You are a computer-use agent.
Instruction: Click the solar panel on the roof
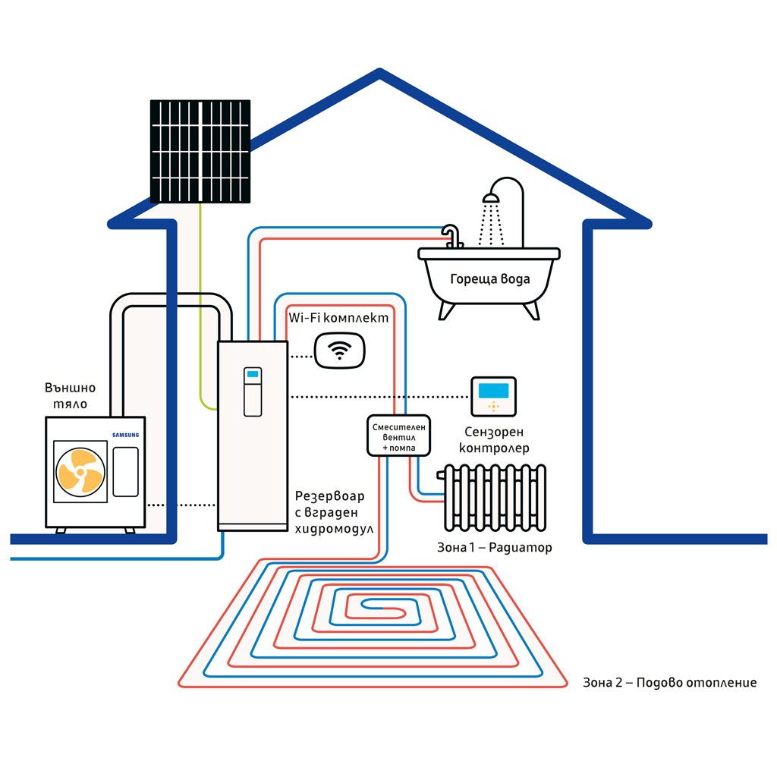click(x=200, y=151)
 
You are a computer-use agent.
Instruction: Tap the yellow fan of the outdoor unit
click(x=80, y=470)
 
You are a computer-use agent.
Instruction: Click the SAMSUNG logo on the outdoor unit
click(x=126, y=435)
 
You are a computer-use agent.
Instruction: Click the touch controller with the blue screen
click(x=493, y=396)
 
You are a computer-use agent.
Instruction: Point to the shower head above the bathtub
click(x=492, y=198)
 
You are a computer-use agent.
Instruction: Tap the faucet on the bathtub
click(x=453, y=235)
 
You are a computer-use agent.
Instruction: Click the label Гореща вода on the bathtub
click(x=490, y=278)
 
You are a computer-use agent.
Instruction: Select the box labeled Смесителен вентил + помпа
click(x=398, y=436)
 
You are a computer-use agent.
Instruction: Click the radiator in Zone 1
click(x=494, y=496)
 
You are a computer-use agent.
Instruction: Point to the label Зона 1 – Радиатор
click(x=495, y=547)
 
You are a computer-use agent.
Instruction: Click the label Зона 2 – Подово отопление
click(x=669, y=683)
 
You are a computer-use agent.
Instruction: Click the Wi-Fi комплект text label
click(x=339, y=318)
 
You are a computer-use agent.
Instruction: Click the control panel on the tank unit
click(x=253, y=392)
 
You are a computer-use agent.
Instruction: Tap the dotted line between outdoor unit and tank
click(x=181, y=505)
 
